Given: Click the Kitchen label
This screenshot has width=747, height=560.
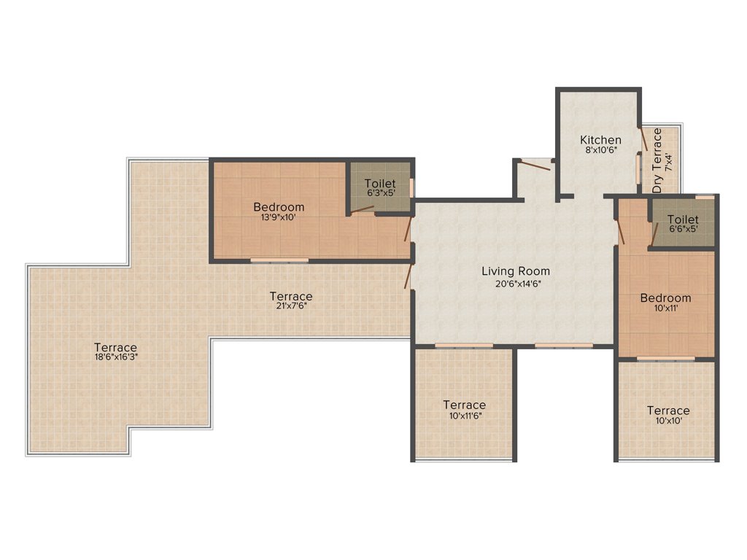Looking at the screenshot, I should pos(600,139).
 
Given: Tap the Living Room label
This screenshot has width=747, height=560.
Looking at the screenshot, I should pos(515,271).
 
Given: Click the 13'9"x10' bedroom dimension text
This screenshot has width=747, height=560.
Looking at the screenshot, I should pos(279,217).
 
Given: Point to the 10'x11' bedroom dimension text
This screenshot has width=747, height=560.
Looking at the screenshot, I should pos(665,309).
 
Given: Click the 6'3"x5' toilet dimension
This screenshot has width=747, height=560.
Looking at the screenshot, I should pos(380,195).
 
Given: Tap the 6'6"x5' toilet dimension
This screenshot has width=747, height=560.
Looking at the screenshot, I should pos(682,230).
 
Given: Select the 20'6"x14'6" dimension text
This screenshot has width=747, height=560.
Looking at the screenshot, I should pos(515,284).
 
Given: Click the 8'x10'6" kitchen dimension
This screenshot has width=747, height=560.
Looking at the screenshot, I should pos(600,151).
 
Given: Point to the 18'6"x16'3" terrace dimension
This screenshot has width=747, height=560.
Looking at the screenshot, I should pos(115,358).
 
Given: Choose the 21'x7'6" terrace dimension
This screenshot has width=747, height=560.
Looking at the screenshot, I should pos(291,307).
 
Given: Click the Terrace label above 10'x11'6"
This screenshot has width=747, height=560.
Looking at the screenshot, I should pos(464,405).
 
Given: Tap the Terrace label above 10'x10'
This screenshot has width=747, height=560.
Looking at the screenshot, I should pos(668,411).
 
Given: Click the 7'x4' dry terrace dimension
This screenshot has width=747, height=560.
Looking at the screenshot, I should pos(670,161).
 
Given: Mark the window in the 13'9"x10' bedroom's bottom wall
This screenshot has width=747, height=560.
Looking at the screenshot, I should pos(279,260).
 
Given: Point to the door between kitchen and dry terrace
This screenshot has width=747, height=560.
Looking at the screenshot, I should pos(644,139).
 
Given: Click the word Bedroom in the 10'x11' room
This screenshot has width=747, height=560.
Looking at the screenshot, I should pos(665,297).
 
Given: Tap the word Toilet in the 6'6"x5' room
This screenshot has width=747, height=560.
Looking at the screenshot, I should pos(682,219).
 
